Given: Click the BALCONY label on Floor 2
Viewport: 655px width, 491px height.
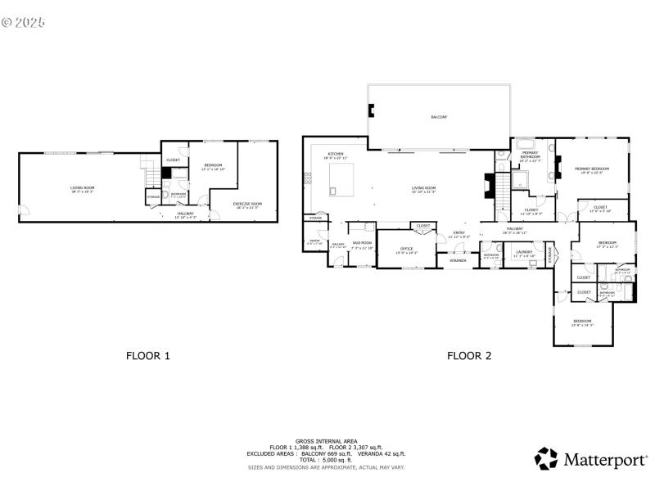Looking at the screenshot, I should click(x=439, y=117).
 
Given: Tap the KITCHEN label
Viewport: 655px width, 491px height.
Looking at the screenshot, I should click(x=336, y=155).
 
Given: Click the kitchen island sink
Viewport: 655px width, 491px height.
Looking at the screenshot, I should click(x=333, y=191).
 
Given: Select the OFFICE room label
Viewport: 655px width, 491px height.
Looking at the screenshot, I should click(x=407, y=248).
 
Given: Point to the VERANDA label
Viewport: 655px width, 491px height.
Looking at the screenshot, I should click(x=458, y=260).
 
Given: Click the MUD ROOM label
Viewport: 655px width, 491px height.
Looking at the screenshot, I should click(x=362, y=243).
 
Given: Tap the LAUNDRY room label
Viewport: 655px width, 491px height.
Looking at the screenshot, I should click(x=524, y=252).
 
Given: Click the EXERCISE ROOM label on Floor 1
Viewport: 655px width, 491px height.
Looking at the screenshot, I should click(x=246, y=204).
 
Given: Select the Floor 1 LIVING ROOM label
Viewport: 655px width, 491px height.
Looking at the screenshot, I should click(x=82, y=188).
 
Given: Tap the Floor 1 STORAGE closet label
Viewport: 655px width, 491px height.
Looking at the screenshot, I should click(x=153, y=197).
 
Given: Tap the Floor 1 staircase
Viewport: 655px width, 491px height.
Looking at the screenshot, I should click(x=149, y=174).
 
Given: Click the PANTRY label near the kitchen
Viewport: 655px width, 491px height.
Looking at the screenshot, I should click(x=314, y=242).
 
